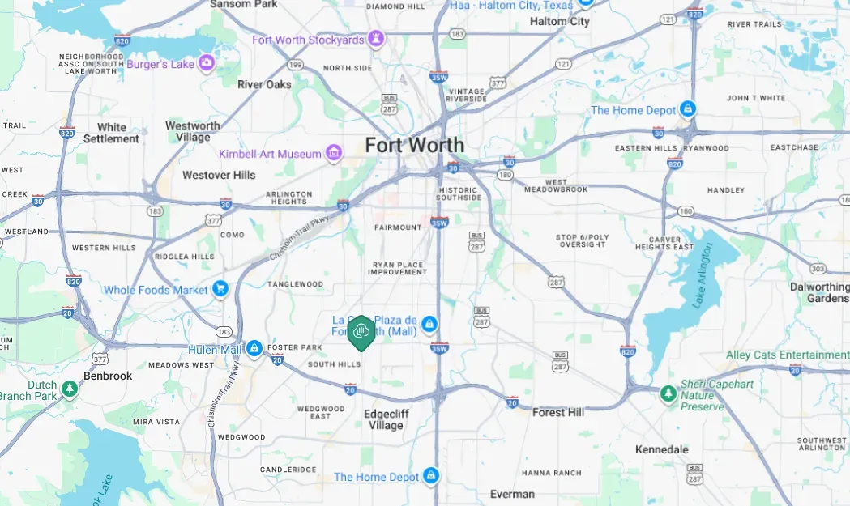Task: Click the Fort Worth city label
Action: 414,146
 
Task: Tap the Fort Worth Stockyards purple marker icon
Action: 376,39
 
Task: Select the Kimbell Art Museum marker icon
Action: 334,153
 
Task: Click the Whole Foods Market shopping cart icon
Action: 220,289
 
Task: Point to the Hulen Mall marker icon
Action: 254,348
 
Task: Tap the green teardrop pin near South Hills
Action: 361,332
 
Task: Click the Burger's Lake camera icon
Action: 207,62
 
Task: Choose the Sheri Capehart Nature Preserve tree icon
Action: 668,394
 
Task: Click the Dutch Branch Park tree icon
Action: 70,389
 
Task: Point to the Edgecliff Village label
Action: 386,419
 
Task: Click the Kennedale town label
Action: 661,449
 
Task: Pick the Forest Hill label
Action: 558,412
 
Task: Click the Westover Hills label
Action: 219,175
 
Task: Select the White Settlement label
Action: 112,133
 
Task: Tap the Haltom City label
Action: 559,22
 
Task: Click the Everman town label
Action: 512,494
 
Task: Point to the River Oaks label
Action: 264,84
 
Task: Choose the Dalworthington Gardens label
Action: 819,292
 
